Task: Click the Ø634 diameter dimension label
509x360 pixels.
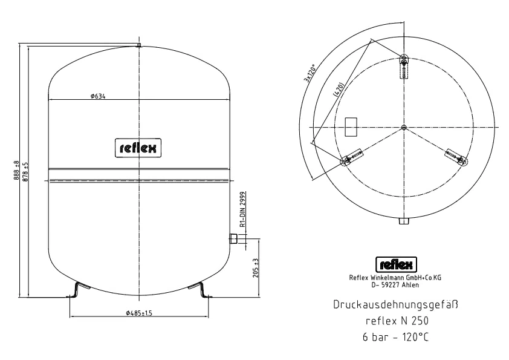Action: coord(98,96)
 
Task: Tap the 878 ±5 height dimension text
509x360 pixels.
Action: coord(26,172)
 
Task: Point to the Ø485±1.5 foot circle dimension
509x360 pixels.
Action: coord(139,313)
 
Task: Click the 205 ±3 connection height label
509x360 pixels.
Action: coord(256,268)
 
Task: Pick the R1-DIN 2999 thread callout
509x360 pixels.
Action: coord(243,209)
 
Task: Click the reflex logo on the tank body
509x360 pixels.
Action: coord(138,148)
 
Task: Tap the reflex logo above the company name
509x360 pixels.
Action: coord(396,264)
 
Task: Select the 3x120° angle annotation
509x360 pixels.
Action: coord(310,73)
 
